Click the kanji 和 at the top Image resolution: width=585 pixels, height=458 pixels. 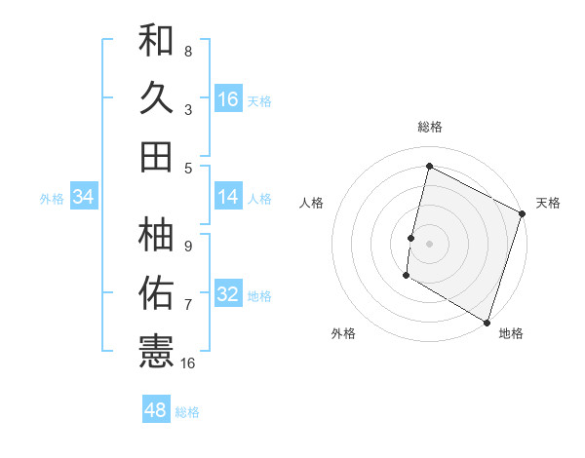click(x=156, y=42)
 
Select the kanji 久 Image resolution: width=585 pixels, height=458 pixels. click(x=156, y=98)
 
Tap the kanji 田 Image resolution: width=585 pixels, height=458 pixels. click(x=156, y=156)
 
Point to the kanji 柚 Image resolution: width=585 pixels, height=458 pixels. click(x=156, y=234)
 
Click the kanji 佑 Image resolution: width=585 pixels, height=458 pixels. click(x=156, y=290)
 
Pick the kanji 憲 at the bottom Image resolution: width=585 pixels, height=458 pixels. click(x=156, y=348)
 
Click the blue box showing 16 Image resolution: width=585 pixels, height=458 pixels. click(x=228, y=99)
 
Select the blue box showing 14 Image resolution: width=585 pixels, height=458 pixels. click(x=228, y=197)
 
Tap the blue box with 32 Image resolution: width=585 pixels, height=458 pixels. click(x=228, y=294)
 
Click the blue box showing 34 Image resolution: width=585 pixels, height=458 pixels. click(x=84, y=197)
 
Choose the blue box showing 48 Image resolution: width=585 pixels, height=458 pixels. click(x=156, y=410)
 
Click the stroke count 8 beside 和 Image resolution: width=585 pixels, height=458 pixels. click(x=188, y=52)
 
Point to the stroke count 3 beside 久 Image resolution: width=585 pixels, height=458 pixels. click(x=188, y=110)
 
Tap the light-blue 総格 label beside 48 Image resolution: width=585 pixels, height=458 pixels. click(x=187, y=412)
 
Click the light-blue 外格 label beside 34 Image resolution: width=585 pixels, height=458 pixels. click(x=52, y=199)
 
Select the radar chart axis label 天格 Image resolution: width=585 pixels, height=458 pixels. click(x=548, y=203)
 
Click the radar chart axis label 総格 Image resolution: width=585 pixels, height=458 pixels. click(x=429, y=127)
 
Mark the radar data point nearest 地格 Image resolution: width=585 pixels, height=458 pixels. click(x=487, y=321)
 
